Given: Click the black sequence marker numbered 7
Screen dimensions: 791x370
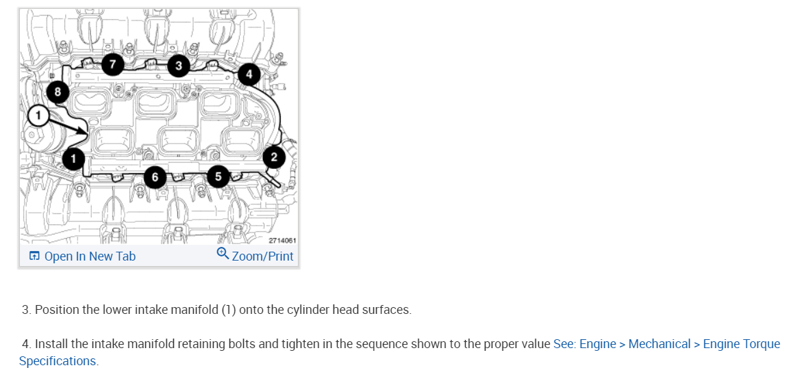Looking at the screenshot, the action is (113, 65).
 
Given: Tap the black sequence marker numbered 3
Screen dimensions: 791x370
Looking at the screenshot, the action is (179, 66).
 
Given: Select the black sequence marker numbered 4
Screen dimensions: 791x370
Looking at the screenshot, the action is (249, 73).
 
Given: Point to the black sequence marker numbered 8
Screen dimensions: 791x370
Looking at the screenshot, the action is (58, 91).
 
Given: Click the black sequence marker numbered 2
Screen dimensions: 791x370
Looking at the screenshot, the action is (274, 157).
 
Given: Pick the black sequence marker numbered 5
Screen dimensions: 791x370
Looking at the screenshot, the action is (218, 176).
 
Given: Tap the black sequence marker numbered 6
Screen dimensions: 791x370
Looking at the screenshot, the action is (155, 177).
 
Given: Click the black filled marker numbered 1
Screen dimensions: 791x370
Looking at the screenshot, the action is (74, 159).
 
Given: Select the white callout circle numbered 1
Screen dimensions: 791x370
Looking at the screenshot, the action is (39, 115).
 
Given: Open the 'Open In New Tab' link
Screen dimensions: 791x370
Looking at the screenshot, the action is (90, 256).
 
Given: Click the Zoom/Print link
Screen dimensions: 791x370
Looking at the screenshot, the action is (262, 256).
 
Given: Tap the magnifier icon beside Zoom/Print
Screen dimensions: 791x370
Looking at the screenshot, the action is (223, 254).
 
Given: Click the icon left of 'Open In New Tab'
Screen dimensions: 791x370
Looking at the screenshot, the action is (34, 256).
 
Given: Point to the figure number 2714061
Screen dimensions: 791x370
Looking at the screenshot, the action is (281, 240).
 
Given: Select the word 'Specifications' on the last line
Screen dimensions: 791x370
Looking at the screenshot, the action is (58, 360).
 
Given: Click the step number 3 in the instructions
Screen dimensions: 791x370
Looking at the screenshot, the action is (26, 310).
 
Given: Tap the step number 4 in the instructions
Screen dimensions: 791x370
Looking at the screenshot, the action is (26, 344).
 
